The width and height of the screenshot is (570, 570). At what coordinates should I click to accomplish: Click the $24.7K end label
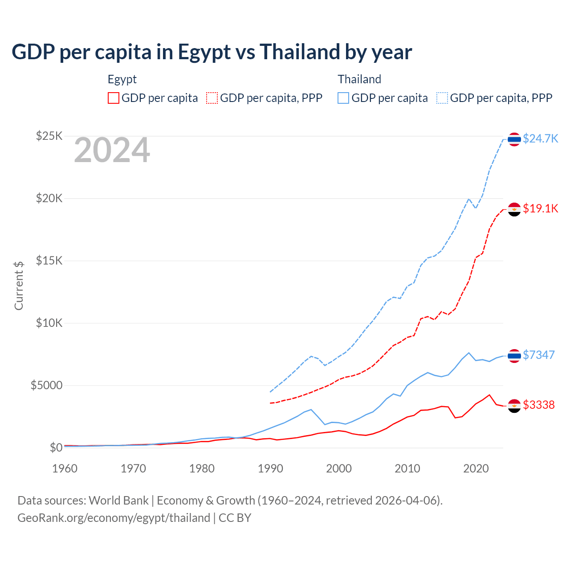pos(540,138)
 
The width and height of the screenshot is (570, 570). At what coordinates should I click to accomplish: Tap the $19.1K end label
pos(540,208)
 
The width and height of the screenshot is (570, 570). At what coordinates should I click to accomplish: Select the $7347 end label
pos(538,355)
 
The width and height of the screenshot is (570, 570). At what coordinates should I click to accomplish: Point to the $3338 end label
pos(538,405)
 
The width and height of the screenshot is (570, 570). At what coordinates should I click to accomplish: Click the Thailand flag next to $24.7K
pos(514,139)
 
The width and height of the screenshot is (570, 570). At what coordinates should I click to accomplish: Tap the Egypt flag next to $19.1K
pos(514,209)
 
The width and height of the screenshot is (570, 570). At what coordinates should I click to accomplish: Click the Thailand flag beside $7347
pos(514,356)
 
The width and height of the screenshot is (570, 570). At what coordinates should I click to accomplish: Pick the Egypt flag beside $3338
pos(514,406)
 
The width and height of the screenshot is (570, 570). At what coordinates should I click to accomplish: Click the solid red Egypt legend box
pos(114,98)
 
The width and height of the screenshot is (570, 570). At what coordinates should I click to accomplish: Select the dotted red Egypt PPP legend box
pos(212,98)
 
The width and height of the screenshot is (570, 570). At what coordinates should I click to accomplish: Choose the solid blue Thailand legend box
pos(343,98)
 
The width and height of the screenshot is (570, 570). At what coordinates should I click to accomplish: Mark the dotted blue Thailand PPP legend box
pos(442,98)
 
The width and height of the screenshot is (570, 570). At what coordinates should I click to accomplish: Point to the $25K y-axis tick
pos(49,136)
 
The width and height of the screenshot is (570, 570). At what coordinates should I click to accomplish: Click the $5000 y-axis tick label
pos(46,385)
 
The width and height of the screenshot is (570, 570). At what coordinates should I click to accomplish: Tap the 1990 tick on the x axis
pos(270,468)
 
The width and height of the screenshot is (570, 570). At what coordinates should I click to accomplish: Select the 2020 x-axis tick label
pos(476,468)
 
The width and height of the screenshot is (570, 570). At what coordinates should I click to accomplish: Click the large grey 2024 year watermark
pos(112,151)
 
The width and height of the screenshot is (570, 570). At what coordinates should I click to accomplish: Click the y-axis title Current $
pos(19,285)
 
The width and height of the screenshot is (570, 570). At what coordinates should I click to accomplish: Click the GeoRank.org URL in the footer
pos(114,518)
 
